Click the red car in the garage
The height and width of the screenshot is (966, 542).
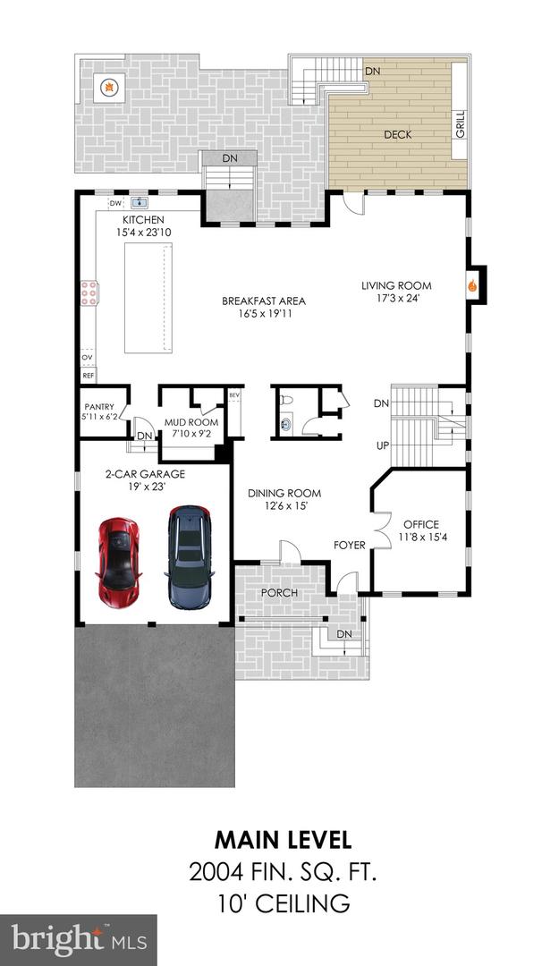click(118, 559)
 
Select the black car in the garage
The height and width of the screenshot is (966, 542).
click(189, 556)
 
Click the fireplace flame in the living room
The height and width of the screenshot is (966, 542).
click(471, 287)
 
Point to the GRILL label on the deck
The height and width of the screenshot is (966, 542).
click(460, 126)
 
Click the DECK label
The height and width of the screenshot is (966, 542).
click(397, 134)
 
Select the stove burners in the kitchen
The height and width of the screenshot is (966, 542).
click(89, 291)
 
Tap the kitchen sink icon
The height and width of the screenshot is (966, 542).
click(138, 204)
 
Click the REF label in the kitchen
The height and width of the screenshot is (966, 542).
click(89, 377)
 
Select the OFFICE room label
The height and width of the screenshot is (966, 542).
click(419, 524)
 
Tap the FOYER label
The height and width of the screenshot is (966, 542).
click(350, 545)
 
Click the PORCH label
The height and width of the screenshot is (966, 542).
click(279, 592)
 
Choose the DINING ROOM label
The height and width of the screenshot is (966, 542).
click(284, 493)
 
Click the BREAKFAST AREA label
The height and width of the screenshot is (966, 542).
click(259, 301)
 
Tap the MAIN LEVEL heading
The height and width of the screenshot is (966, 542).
click(284, 840)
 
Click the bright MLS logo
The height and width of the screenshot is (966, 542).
click(79, 939)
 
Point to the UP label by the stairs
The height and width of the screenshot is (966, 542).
click(382, 445)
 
